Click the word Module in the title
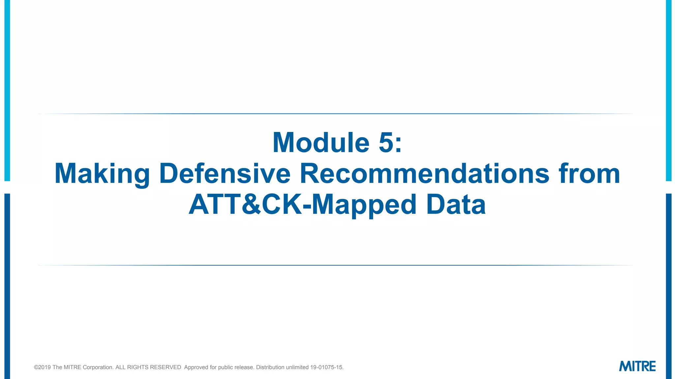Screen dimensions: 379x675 pos(321,143)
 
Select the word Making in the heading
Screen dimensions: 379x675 pos(102,174)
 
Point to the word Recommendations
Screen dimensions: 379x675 pos(425,174)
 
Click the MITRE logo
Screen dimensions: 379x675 pos(637,366)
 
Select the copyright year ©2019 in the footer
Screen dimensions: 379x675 pos(43,367)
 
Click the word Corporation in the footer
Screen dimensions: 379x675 pos(98,367)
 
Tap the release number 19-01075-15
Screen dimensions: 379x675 pos(327,367)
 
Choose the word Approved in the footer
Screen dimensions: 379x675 pos(196,367)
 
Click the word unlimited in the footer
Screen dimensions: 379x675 pos(297,367)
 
